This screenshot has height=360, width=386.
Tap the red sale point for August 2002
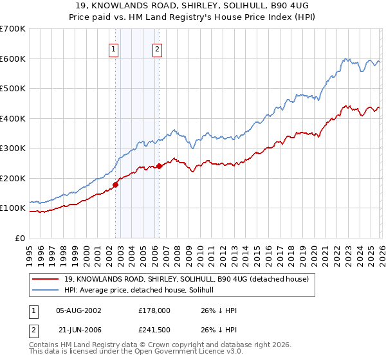pos(116,184)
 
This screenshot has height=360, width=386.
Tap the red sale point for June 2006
pos(159,166)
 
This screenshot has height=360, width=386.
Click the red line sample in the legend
pos(46,279)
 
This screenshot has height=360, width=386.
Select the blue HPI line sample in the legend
pos(46,290)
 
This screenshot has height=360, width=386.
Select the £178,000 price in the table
pos(154,309)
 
